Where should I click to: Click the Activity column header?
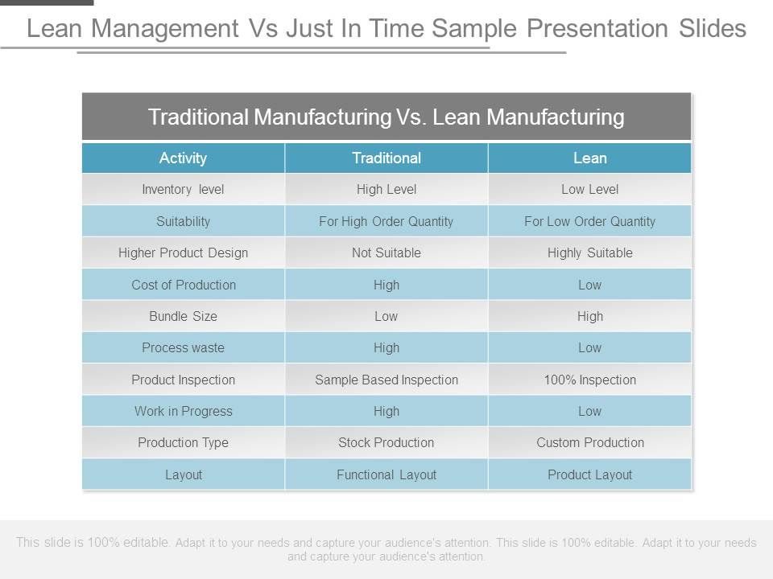click(183, 158)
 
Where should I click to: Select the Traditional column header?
click(386, 158)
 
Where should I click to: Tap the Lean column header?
click(589, 158)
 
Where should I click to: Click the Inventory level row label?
click(183, 190)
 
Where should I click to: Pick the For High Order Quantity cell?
click(386, 222)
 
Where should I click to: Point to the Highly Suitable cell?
click(589, 253)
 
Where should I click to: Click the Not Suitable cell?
click(386, 253)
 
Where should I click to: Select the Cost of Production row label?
click(184, 285)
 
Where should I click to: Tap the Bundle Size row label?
click(183, 317)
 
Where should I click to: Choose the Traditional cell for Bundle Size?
click(386, 317)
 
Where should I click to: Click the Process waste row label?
click(183, 348)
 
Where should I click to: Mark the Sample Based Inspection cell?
click(386, 380)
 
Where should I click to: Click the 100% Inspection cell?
click(589, 380)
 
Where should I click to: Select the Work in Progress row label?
click(183, 412)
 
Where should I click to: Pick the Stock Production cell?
click(386, 442)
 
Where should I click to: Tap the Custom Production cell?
click(590, 442)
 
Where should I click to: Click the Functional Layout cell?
click(386, 475)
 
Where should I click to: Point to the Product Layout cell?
click(589, 475)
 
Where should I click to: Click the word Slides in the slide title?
click(713, 29)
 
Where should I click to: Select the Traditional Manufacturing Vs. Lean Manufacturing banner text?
click(386, 117)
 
